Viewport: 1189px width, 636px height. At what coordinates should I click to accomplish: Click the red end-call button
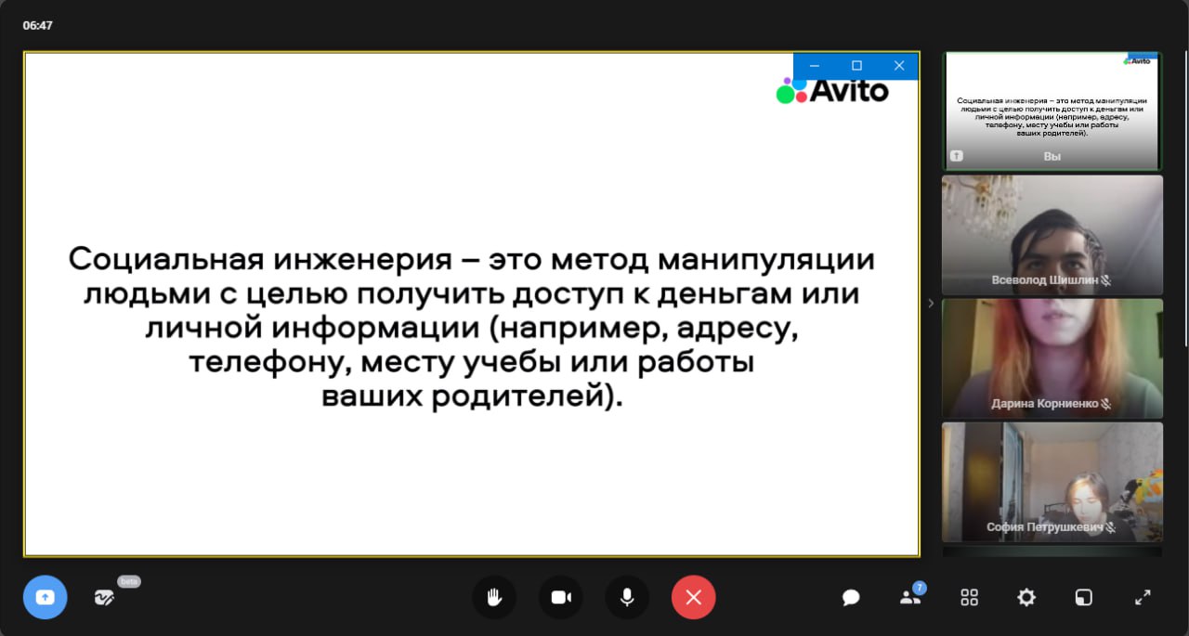(693, 597)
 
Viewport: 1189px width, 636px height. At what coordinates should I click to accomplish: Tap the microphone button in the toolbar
(627, 597)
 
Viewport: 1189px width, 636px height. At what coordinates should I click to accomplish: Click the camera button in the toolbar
(561, 597)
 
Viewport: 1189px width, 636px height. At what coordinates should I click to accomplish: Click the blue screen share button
(46, 597)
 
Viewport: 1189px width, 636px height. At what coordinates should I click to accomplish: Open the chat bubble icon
(850, 598)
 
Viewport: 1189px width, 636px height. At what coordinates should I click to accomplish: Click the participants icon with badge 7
(912, 595)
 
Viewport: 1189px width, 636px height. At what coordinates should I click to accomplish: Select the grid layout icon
(969, 597)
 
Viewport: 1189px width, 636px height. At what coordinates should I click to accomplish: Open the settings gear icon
(1026, 597)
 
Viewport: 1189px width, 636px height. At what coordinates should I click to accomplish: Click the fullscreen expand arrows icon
(1143, 597)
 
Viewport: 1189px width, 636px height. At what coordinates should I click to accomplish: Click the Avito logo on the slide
(831, 91)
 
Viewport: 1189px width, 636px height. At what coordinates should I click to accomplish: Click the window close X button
(898, 66)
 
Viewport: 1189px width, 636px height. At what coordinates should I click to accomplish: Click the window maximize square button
(856, 66)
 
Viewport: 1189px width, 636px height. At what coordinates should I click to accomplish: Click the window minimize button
(815, 66)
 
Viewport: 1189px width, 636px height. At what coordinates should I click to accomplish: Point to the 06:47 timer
(37, 25)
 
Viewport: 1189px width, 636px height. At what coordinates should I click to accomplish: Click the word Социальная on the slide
(166, 259)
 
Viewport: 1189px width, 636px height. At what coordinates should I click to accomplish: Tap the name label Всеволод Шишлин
(1045, 280)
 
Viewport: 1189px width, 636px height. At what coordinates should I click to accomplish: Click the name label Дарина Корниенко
(1045, 404)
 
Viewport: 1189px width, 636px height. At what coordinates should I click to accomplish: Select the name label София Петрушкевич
(1045, 527)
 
